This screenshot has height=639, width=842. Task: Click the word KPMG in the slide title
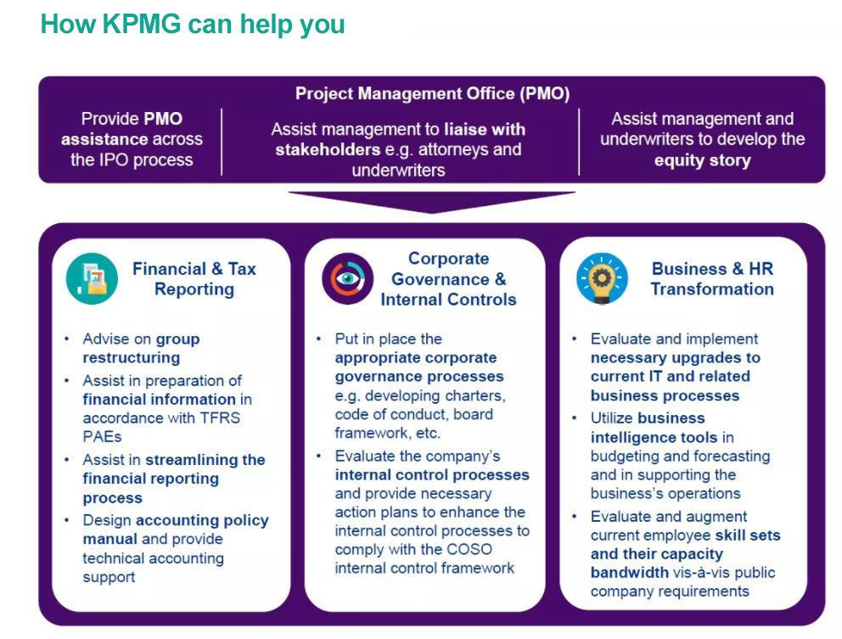coord(141,24)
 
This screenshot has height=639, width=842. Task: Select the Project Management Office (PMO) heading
coord(432,93)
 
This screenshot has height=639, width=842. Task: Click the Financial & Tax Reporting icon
coord(92,278)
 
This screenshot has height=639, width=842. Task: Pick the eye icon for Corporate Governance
coord(347,278)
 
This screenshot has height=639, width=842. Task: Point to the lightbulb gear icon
coord(602,278)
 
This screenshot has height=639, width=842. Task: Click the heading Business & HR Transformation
coord(711,279)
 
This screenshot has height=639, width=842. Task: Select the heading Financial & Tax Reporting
coord(194,279)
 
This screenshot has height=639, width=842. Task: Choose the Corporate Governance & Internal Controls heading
coord(448,279)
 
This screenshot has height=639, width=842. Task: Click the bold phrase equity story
coord(702,160)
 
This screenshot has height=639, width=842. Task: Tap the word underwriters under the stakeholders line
coord(398,170)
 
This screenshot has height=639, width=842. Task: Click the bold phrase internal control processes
coord(431,474)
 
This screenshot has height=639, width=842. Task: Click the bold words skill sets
coord(747,535)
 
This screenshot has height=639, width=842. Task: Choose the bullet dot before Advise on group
coord(67,339)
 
